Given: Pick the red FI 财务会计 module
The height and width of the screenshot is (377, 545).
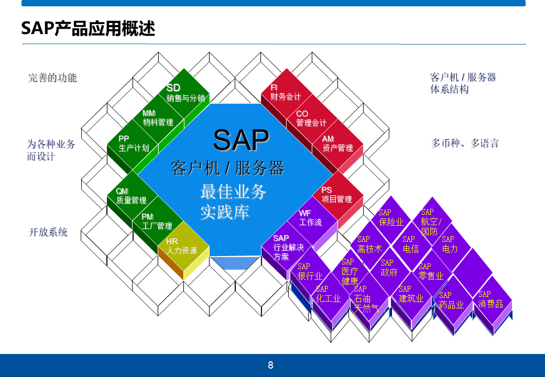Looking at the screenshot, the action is pyautogui.click(x=286, y=93).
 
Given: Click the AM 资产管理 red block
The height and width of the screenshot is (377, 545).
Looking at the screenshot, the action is pyautogui.click(x=337, y=144).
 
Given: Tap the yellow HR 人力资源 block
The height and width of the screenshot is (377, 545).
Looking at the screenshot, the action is pyautogui.click(x=182, y=247).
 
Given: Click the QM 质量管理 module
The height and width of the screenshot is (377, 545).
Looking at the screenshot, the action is pyautogui.click(x=132, y=196).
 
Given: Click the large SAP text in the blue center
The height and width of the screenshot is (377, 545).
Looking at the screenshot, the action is pyautogui.click(x=241, y=140).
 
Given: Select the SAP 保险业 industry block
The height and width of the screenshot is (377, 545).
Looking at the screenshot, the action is pyautogui.click(x=391, y=218).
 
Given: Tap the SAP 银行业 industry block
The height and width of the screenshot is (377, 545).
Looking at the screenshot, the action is pyautogui.click(x=310, y=272).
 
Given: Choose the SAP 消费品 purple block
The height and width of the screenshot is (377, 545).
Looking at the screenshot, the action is pyautogui.click(x=490, y=300).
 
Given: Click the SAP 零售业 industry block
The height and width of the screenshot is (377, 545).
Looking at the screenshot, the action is pyautogui.click(x=431, y=272).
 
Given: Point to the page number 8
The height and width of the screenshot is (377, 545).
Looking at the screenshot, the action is pyautogui.click(x=270, y=365).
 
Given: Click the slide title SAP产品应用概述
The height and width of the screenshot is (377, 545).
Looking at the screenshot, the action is pyautogui.click(x=88, y=28).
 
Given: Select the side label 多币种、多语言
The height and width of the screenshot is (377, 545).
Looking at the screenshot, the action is pyautogui.click(x=465, y=143).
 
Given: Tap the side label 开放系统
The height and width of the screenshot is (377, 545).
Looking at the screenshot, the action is pyautogui.click(x=48, y=232).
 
